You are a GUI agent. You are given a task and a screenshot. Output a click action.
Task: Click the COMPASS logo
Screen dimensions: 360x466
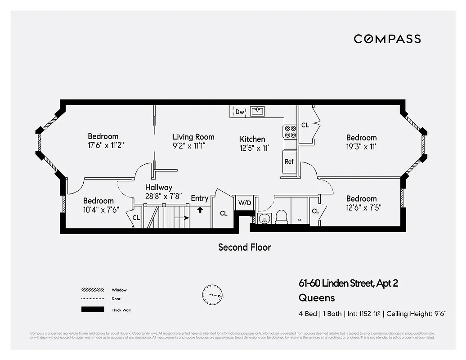click(387, 39)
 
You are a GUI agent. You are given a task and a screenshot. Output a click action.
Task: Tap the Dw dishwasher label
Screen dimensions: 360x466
click(240, 112)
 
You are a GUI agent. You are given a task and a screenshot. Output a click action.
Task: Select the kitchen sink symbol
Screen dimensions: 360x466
click(257, 111)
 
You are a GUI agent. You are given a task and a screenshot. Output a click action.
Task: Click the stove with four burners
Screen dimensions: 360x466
click(290, 131)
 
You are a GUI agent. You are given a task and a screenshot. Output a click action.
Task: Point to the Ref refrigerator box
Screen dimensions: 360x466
click(289, 162)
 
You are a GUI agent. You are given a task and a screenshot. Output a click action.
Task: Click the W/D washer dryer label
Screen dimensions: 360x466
click(245, 203)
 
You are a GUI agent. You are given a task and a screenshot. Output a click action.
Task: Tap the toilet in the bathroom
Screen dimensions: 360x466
click(282, 217)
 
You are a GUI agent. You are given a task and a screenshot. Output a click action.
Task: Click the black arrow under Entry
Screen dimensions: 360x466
click(200, 209)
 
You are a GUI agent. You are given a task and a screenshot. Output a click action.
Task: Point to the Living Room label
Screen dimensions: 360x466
click(193, 137)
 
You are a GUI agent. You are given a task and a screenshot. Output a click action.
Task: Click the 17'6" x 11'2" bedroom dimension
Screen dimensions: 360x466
click(105, 145)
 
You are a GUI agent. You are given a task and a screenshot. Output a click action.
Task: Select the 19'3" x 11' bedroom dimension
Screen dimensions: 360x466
click(361, 146)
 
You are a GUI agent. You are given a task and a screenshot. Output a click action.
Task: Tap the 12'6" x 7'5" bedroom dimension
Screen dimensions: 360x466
click(361, 208)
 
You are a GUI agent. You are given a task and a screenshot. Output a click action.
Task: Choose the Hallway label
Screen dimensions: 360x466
click(158, 187)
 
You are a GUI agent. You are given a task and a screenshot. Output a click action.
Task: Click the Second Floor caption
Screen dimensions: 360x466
click(244, 247)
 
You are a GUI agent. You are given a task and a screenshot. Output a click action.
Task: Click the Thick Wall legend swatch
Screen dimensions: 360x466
click(93, 310)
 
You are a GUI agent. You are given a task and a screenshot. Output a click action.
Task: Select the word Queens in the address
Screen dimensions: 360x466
click(317, 298)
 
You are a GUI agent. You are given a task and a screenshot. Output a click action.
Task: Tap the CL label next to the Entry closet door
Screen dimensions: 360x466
click(224, 213)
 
